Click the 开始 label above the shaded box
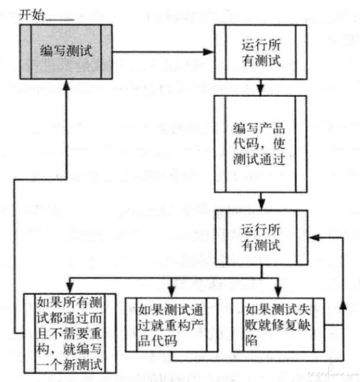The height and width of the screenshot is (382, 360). (x=32, y=14)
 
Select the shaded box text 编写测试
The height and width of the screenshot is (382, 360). (x=66, y=51)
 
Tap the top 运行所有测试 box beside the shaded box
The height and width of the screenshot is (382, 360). (x=261, y=52)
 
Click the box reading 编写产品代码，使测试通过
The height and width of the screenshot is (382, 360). (x=261, y=144)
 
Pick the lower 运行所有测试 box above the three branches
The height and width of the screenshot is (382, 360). (x=261, y=237)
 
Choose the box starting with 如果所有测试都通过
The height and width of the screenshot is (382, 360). (x=70, y=333)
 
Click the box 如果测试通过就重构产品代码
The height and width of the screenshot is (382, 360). (x=172, y=325)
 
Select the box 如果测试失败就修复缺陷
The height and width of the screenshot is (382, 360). (x=278, y=325)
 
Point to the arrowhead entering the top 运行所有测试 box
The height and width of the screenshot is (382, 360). (x=209, y=52)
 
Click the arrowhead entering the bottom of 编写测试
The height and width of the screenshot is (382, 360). (x=66, y=84)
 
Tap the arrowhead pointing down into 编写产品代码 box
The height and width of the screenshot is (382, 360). (x=261, y=90)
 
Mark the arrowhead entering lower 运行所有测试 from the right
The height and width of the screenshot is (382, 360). (x=314, y=237)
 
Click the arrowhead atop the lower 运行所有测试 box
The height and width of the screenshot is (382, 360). (x=261, y=205)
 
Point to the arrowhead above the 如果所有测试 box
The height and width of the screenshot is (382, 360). (x=70, y=288)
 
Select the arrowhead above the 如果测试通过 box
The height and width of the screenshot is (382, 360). (x=172, y=292)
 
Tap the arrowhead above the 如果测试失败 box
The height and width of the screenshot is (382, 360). (x=278, y=292)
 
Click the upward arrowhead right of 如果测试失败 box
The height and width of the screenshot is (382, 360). (x=343, y=305)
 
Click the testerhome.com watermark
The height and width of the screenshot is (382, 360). (x=333, y=373)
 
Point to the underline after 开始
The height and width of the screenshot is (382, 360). (x=60, y=19)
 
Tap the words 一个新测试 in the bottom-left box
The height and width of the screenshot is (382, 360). (x=70, y=364)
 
